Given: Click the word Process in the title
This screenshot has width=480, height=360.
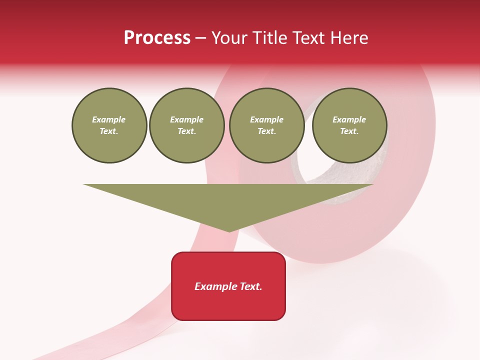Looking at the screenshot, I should (x=157, y=38).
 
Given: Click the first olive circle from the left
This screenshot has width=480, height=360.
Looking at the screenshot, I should (x=109, y=125).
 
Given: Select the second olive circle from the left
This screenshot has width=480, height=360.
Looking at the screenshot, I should (x=187, y=125).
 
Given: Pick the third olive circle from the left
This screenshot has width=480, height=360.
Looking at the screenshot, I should (x=266, y=125).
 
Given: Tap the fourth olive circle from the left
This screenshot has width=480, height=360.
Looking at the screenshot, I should (x=349, y=125).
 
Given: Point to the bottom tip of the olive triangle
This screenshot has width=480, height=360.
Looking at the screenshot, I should (x=229, y=231).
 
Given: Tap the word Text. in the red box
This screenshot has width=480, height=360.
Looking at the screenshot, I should (x=250, y=286).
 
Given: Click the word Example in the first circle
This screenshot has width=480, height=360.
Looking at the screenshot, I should (x=109, y=120).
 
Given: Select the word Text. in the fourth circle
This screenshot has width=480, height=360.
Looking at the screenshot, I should (x=349, y=131).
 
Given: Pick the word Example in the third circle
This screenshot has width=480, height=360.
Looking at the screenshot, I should (x=266, y=120).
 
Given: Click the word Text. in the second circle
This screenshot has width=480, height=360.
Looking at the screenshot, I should (x=187, y=131).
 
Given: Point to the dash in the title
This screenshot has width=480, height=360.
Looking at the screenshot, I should (x=200, y=38).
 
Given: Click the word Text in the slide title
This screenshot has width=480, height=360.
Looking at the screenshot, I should (x=307, y=38).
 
